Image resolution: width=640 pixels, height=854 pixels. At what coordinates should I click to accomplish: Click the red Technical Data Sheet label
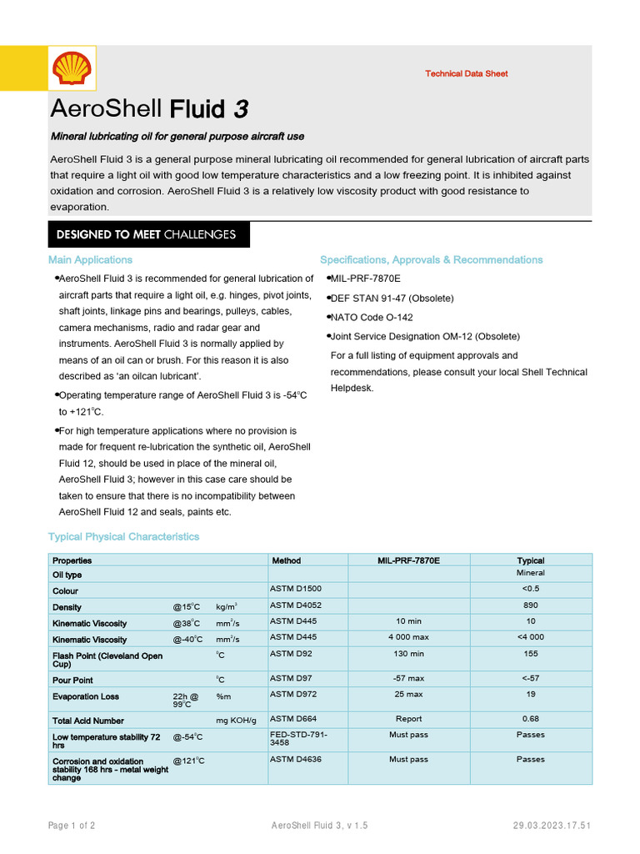(x=466, y=73)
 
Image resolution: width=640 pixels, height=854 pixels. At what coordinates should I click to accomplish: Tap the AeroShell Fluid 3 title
(x=149, y=109)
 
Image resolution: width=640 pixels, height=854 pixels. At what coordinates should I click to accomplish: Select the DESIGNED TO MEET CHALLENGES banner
(x=146, y=234)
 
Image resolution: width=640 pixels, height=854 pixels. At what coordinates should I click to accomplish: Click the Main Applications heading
(x=90, y=259)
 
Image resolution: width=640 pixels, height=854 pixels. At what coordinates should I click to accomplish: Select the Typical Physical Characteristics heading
(x=123, y=536)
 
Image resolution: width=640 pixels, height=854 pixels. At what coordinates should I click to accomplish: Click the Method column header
(x=287, y=560)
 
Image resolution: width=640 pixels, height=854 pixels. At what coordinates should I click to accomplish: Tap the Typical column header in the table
(x=530, y=560)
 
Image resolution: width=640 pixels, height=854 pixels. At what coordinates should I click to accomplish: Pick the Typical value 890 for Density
(x=530, y=605)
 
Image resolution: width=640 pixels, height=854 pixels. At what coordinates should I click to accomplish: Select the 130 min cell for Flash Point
(x=408, y=654)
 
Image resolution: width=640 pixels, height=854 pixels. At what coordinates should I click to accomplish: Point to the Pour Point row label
(x=72, y=681)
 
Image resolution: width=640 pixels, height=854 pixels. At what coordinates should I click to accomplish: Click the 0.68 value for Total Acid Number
(x=530, y=719)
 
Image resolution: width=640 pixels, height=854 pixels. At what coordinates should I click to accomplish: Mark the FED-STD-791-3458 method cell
(x=299, y=738)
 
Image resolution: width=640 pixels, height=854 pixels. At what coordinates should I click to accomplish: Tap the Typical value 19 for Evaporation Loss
(x=530, y=694)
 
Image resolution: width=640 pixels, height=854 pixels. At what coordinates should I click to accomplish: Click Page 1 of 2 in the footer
(x=71, y=826)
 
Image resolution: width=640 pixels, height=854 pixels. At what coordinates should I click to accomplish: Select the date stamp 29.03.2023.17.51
(x=552, y=826)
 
